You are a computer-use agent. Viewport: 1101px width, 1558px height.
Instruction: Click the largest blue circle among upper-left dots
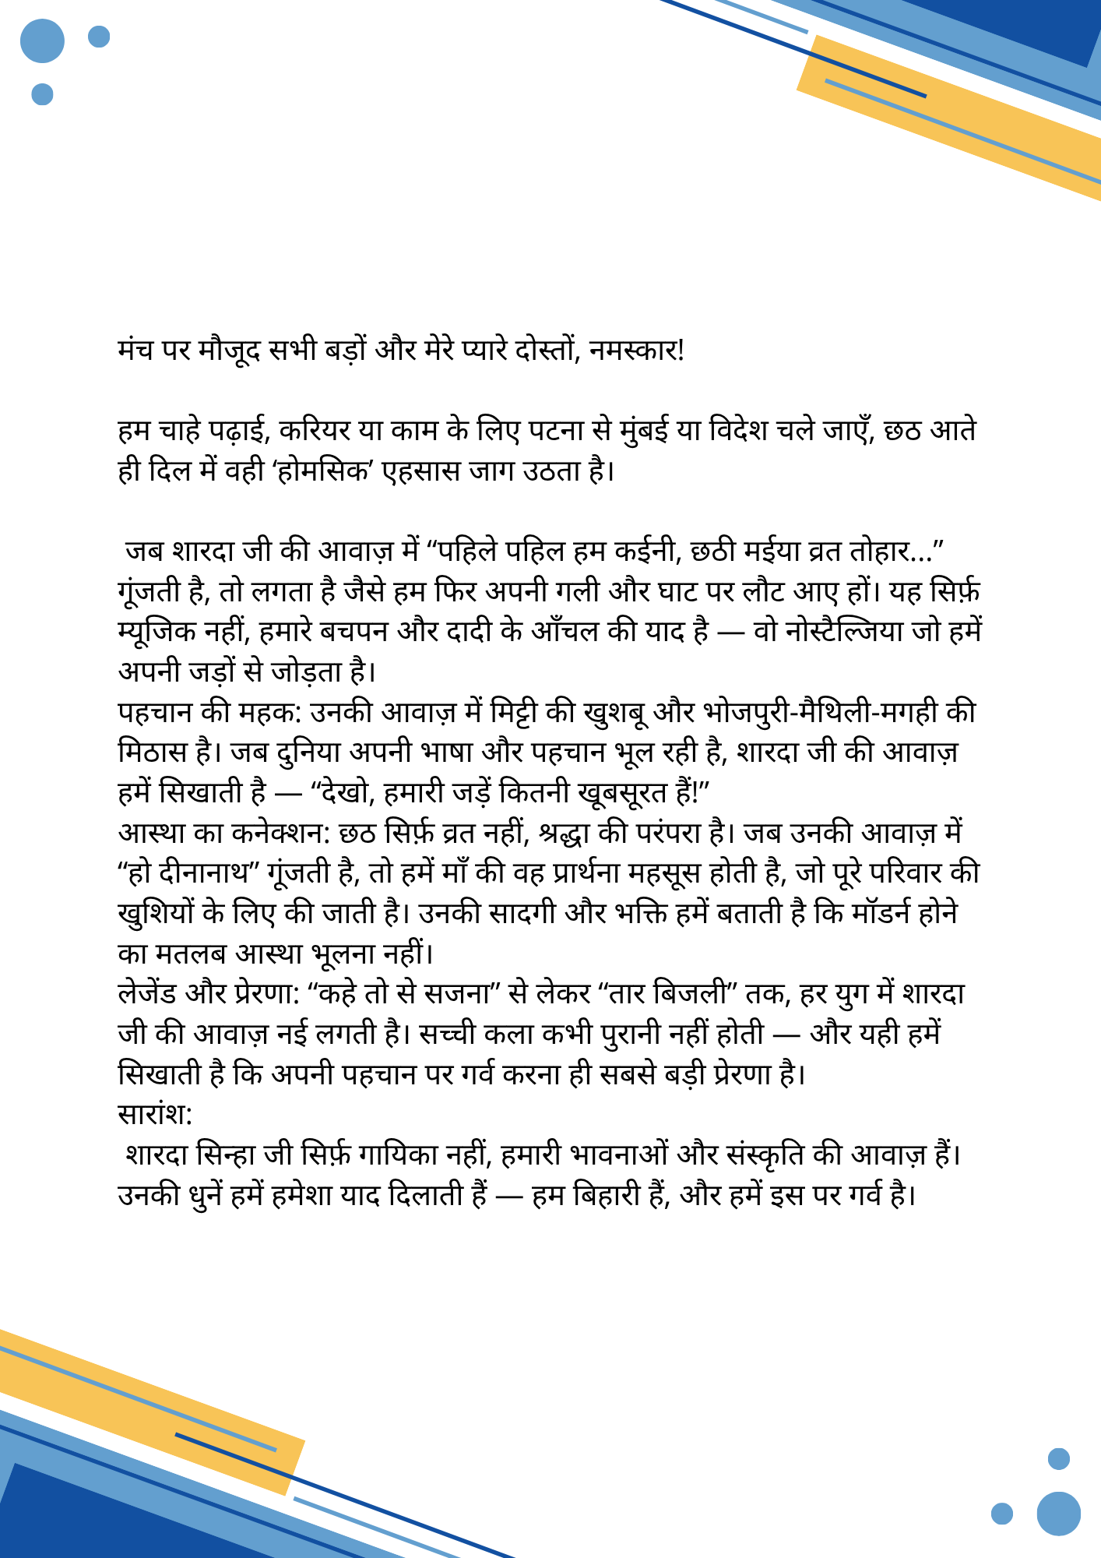click(x=42, y=41)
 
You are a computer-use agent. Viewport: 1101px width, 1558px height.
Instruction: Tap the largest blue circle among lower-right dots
click(x=1058, y=1514)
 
